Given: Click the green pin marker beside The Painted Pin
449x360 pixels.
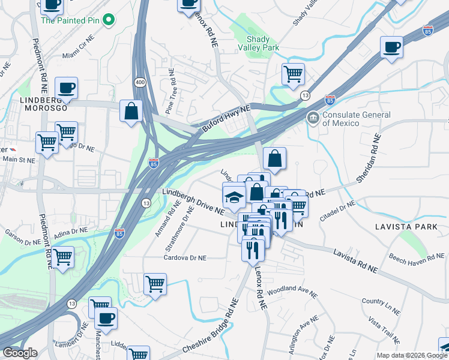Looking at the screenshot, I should tap(108, 21).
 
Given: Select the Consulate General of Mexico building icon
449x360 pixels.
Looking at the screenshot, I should tap(313, 117).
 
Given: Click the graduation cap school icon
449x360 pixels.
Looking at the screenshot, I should tap(233, 196).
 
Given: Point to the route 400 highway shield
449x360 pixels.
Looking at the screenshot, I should tap(139, 64).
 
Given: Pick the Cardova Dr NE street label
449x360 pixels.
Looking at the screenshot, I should tap(185, 257).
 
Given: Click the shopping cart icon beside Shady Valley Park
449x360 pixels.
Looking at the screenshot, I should tap(293, 74).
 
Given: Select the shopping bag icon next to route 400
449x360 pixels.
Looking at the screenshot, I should tap(130, 111).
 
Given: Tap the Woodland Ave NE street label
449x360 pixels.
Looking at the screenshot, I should tap(292, 291).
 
